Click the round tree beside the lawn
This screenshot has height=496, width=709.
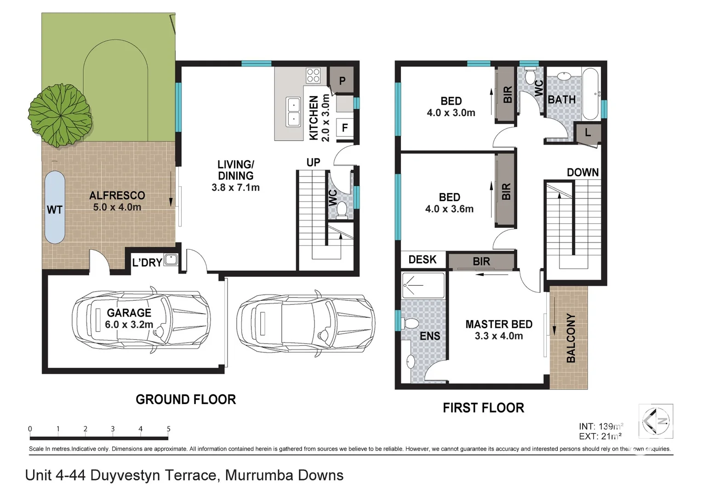60,115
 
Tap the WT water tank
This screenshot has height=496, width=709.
55,208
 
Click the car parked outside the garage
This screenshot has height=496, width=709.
306,323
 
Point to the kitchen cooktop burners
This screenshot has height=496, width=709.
313,75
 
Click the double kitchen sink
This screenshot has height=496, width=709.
293,112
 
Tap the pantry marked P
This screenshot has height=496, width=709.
342,80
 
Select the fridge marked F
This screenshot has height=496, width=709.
345,127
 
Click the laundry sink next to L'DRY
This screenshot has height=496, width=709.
171,260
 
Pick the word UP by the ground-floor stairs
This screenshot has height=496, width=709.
313,163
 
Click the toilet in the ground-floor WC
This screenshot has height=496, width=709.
342,210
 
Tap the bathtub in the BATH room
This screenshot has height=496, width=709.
590,94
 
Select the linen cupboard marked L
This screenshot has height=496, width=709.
588,132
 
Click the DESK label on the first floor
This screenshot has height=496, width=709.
423,259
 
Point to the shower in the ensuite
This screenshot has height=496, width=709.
423,286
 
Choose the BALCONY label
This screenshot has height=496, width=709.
571,338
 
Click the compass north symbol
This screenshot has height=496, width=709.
656,421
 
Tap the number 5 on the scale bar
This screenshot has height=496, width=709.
168,429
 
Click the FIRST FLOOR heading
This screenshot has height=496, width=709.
483,408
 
